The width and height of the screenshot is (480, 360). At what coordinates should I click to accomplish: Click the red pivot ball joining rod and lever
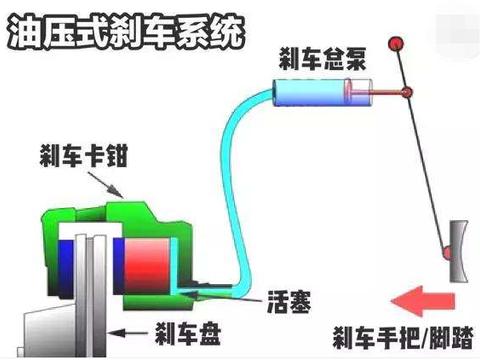(407, 94)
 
